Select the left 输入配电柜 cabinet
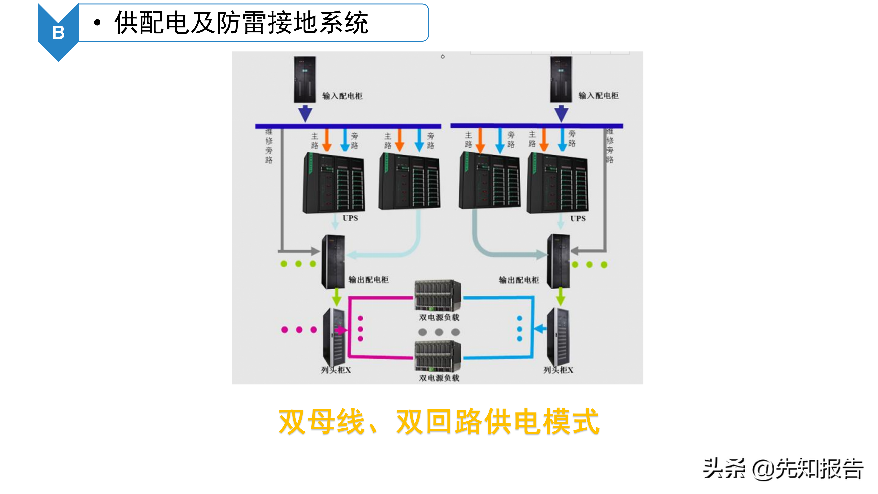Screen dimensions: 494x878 [x=305, y=79]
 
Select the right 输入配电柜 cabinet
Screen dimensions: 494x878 [x=561, y=79]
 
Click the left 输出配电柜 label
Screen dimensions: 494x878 [x=368, y=280]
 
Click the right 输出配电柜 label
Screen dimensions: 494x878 [x=519, y=280]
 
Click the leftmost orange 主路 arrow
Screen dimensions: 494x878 [x=327, y=140]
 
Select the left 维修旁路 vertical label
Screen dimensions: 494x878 [x=269, y=146]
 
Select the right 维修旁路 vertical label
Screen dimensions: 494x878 [x=610, y=146]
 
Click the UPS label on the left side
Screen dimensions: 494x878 [x=350, y=218]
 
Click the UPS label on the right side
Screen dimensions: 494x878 [x=578, y=219]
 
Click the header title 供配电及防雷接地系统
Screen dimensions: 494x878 [x=241, y=23]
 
